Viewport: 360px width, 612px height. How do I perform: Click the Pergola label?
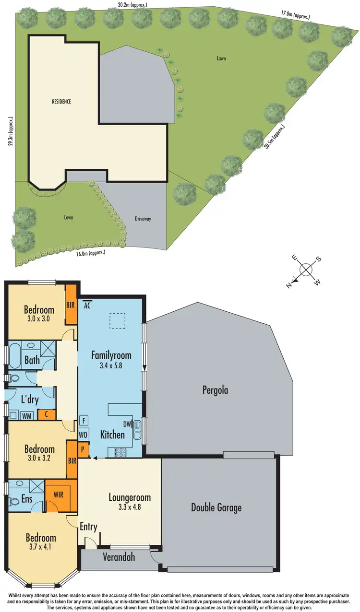click(215, 390)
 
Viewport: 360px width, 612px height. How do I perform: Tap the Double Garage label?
click(216, 507)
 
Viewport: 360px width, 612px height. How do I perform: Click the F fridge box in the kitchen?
click(84, 421)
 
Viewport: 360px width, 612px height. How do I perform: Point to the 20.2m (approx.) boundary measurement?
click(132, 5)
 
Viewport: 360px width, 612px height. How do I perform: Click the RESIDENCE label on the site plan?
click(61, 101)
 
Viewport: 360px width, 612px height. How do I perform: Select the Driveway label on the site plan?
click(143, 219)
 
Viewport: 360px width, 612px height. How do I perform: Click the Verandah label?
click(119, 557)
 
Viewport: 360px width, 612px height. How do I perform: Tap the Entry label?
click(89, 527)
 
